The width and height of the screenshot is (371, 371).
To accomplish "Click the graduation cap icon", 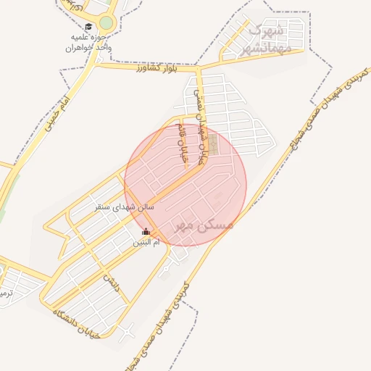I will [88, 27].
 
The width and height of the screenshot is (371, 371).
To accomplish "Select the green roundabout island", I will [107, 23].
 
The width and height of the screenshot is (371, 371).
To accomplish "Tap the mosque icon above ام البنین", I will [146, 232].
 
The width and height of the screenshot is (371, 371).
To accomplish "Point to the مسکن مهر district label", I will [204, 225].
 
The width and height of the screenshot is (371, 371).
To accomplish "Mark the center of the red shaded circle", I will [185, 185].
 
